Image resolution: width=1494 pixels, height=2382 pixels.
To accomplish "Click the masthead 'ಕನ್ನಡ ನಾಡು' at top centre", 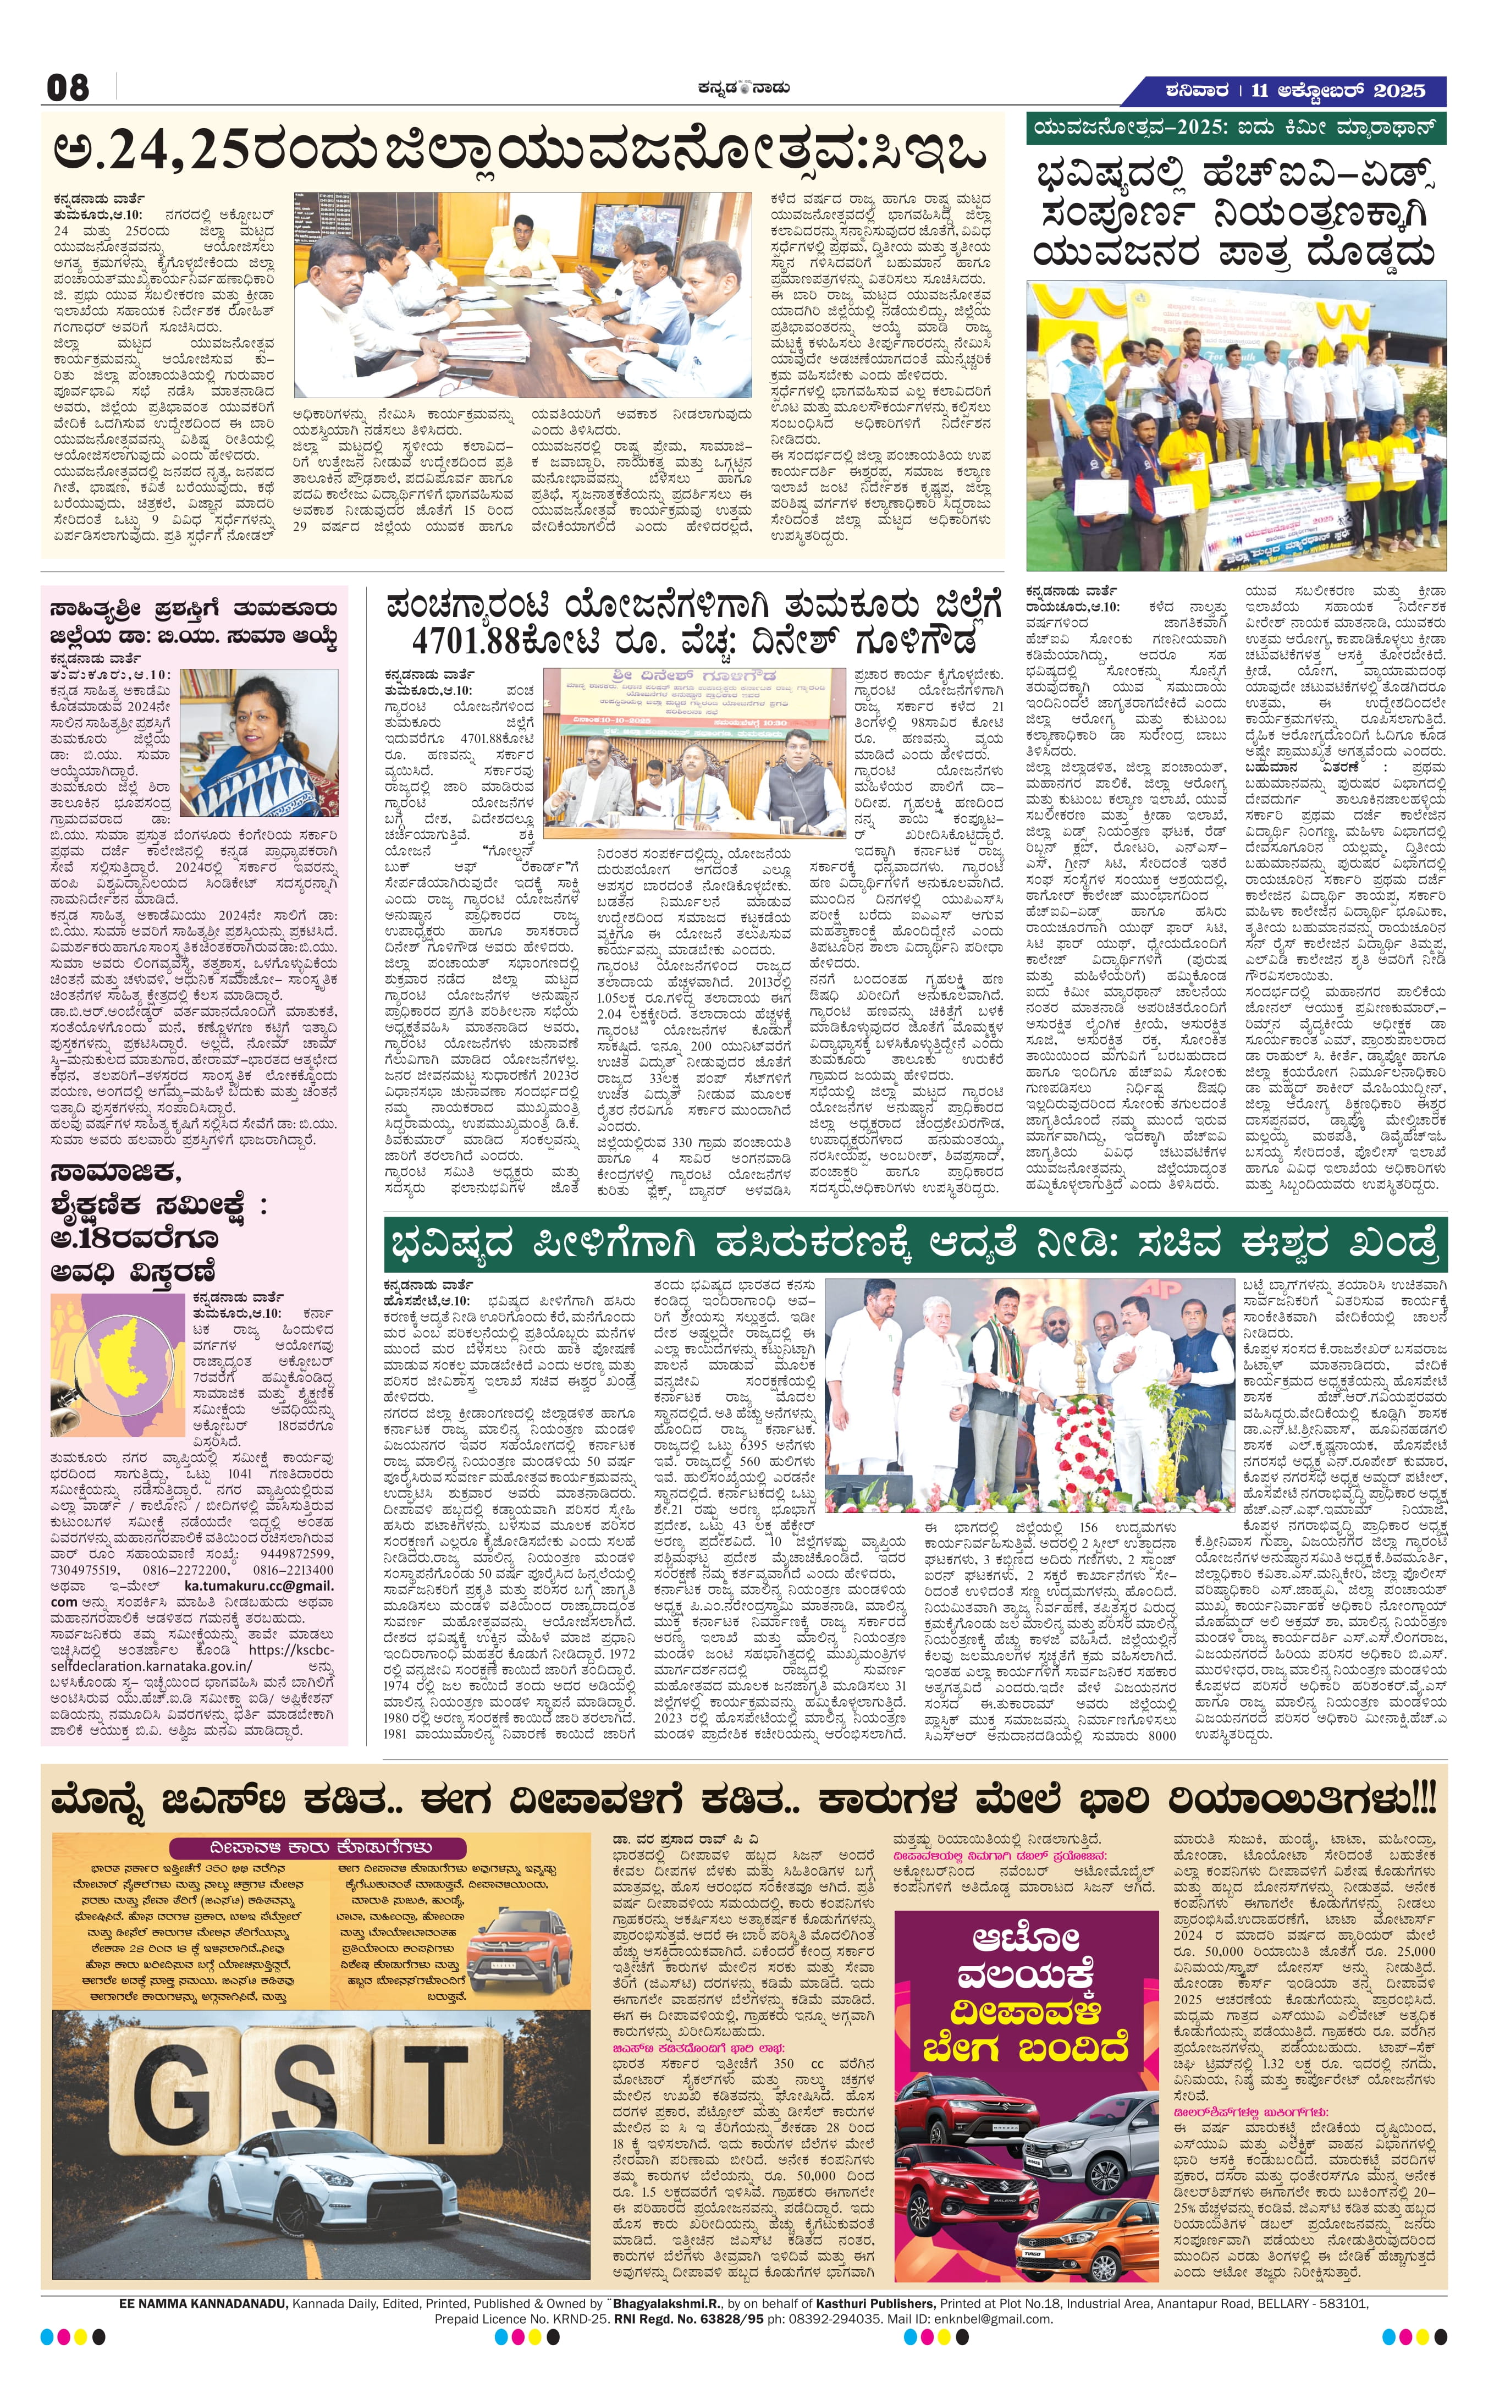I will click(740, 88).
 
